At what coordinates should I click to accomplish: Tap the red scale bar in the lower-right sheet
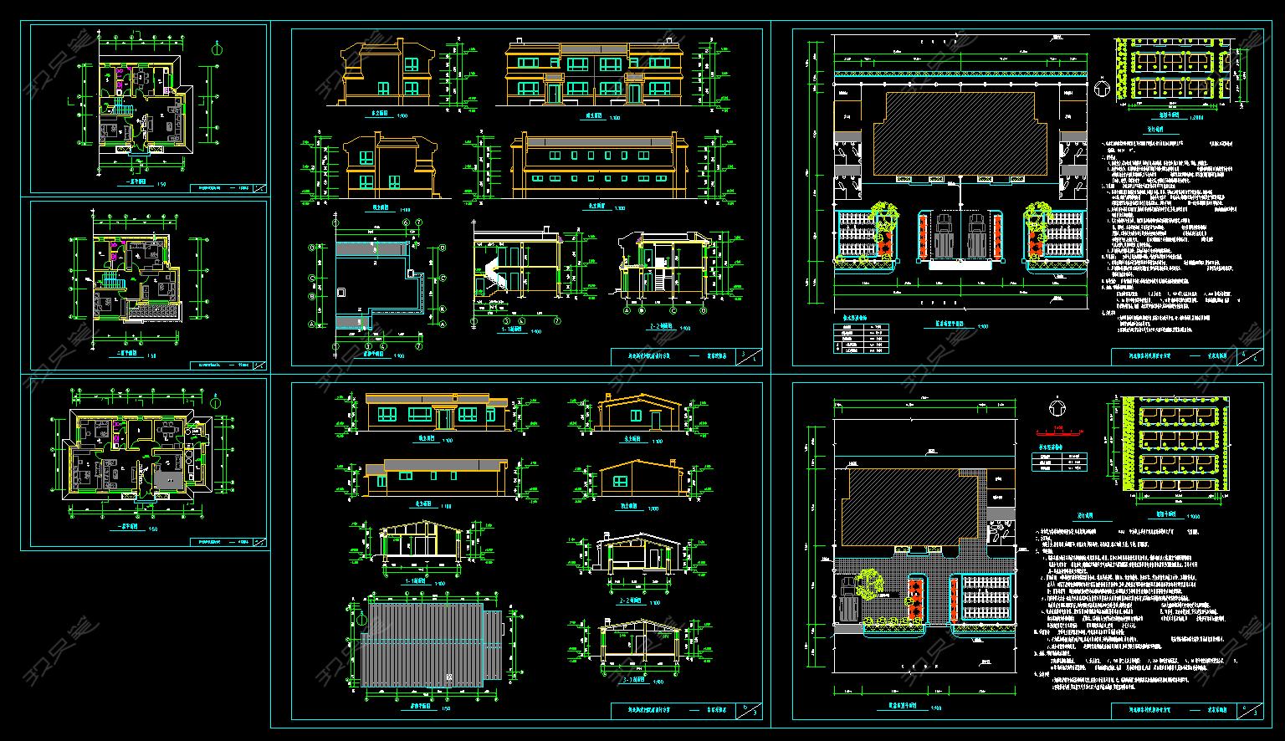pyautogui.click(x=1059, y=432)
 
